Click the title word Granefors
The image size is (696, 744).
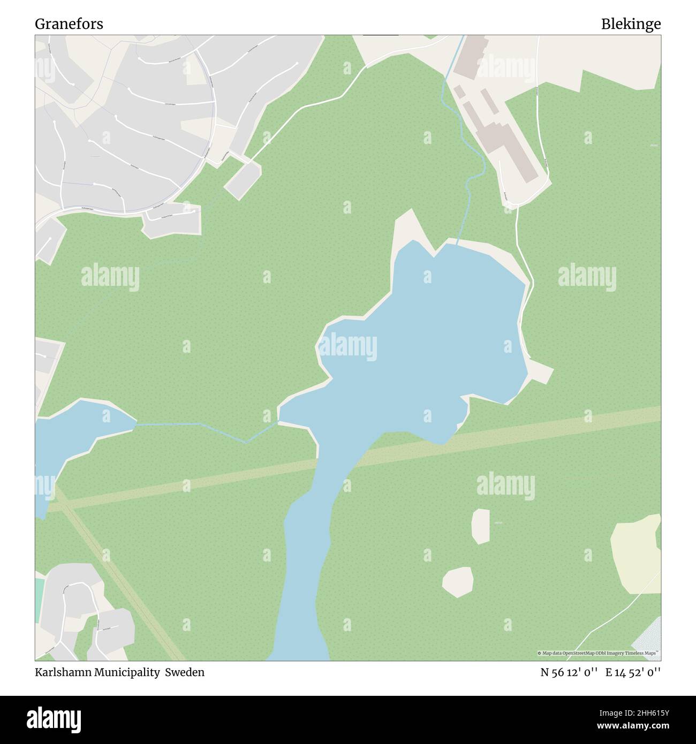[x=69, y=24]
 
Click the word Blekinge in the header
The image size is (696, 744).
[x=630, y=24]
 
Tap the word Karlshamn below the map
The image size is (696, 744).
[x=58, y=672]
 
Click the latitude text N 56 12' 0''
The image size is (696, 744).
[x=569, y=672]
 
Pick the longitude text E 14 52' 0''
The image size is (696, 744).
[x=633, y=672]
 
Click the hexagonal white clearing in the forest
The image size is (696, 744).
[x=458, y=581]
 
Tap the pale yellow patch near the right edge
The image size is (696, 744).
[x=637, y=554]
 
